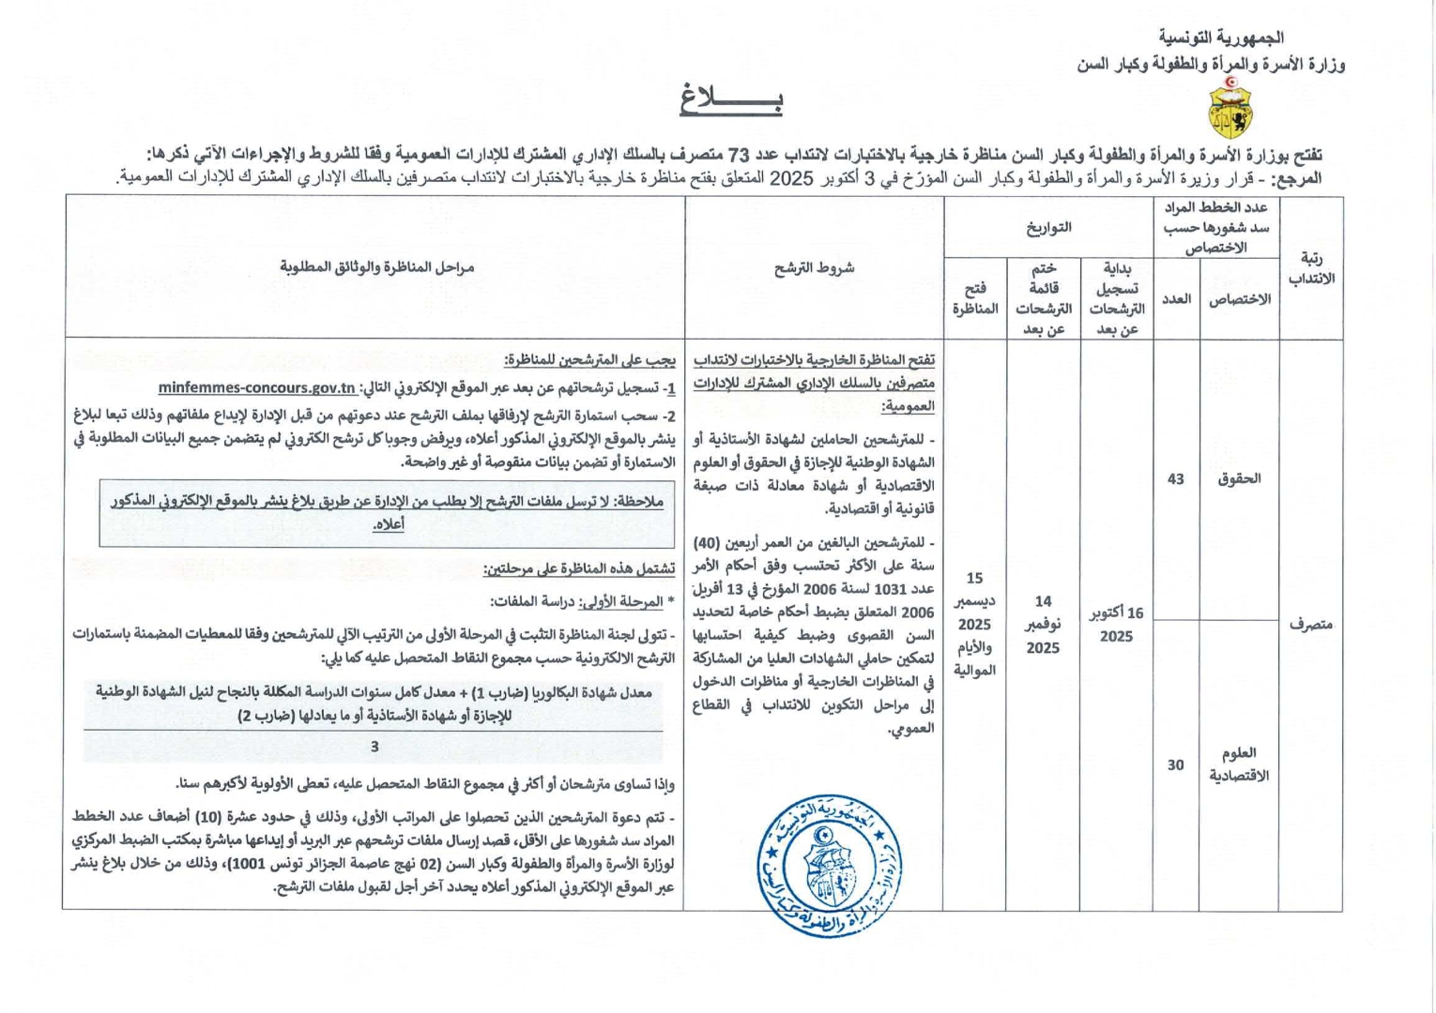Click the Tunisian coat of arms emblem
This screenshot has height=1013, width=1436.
pos(1228,108)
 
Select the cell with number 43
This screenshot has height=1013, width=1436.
pos(1175,479)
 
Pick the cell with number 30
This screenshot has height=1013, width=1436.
pos(1175,765)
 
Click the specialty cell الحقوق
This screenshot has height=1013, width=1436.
pos(1239,479)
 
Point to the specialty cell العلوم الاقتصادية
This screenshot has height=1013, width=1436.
pos(1239,764)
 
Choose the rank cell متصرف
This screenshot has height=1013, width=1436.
pos(1310,624)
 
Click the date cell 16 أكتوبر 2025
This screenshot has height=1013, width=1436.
pos(1116,625)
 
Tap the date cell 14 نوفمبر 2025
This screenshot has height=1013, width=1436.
pos(1043,625)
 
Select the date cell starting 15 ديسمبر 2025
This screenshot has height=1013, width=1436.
pos(974,624)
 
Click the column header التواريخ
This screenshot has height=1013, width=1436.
pos(1048,227)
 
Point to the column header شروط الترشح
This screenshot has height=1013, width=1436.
pos(814,268)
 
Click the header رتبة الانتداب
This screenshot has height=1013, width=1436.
pos(1311,268)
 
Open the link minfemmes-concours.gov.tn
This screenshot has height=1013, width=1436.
pos(256,388)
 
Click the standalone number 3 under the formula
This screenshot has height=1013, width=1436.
pos(374,748)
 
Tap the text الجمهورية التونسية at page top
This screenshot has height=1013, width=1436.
pos(1220,38)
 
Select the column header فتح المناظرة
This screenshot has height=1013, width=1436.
pos(974,299)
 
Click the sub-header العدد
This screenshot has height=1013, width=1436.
pos(1176,299)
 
